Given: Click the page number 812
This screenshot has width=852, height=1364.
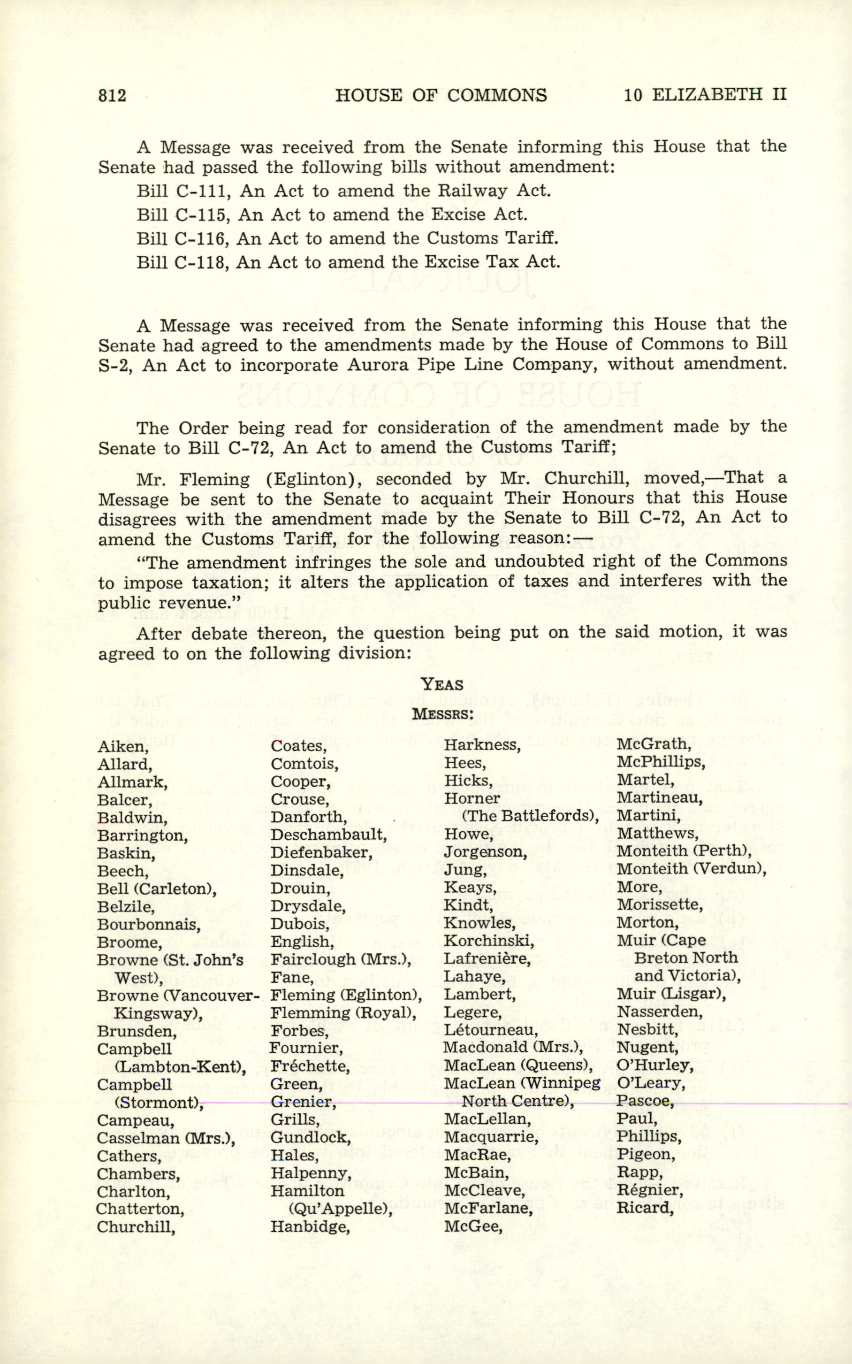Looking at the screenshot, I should [112, 95].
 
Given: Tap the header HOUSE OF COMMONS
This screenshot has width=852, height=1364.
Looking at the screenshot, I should [441, 95].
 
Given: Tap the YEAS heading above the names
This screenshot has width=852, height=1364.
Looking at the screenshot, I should [442, 684].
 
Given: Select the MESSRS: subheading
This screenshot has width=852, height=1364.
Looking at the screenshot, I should [442, 714].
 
